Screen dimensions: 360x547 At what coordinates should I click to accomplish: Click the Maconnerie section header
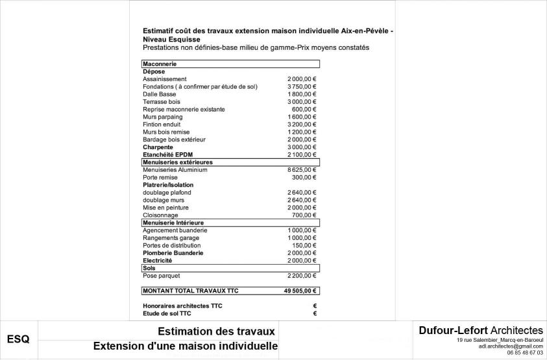pos(160,64)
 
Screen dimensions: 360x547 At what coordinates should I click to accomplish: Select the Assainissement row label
pos(165,79)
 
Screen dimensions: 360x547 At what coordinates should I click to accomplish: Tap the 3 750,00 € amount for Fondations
pos(302,87)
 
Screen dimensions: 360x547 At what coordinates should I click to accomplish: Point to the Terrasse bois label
pos(162,102)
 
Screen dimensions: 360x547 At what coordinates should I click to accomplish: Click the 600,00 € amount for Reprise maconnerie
pos(304,110)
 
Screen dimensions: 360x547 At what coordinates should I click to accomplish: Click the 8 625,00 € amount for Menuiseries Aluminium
pos(302,170)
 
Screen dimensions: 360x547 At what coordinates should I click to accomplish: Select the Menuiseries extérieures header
pos(178,162)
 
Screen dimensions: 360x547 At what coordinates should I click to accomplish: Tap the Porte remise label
pos(160,177)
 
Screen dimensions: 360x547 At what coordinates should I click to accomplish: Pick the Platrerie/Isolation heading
pos(168,185)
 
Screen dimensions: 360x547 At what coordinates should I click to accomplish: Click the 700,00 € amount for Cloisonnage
pos(304,215)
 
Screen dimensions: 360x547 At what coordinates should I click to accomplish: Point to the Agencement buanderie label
pos(175,230)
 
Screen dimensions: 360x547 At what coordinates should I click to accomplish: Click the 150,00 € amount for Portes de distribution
pos(304,245)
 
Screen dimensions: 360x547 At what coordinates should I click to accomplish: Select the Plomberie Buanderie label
pos(173,253)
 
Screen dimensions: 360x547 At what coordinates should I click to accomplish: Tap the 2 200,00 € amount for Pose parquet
pos(302,276)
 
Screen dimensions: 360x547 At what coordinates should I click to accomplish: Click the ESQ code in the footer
pos(18,339)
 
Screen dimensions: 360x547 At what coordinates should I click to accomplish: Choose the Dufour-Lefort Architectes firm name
pos(481,331)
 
